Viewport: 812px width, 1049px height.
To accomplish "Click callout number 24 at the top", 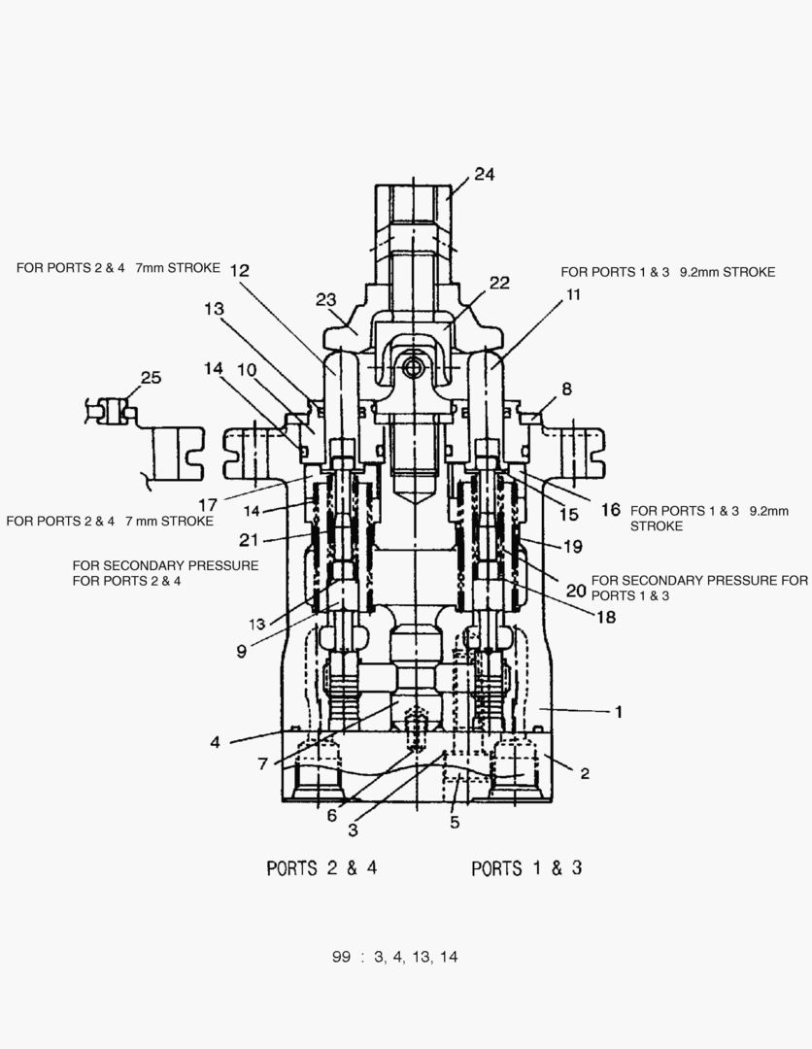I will pyautogui.click(x=484, y=175).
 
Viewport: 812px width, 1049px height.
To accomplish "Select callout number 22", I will pyautogui.click(x=499, y=283).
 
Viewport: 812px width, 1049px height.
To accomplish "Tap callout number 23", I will pyautogui.click(x=325, y=301).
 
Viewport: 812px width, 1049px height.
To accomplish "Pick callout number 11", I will pyautogui.click(x=573, y=294).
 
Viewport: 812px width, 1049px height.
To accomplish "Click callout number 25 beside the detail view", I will pyautogui.click(x=151, y=378).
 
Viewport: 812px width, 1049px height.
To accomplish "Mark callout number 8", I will pyautogui.click(x=566, y=389).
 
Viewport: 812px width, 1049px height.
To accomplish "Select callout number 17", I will pyautogui.click(x=209, y=504).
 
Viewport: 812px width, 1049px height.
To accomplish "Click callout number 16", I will pyautogui.click(x=610, y=509).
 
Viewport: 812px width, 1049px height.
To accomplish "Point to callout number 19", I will pyautogui.click(x=573, y=546).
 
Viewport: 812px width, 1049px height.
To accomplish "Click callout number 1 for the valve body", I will pyautogui.click(x=618, y=711).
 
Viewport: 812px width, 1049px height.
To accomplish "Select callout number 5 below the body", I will pyautogui.click(x=455, y=823).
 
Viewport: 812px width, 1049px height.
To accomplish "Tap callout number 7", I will pyautogui.click(x=263, y=763).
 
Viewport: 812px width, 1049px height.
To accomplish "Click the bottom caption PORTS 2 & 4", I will pyautogui.click(x=321, y=867).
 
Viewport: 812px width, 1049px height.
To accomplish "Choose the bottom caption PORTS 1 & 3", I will pyautogui.click(x=526, y=867).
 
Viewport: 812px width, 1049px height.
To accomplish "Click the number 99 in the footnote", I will pyautogui.click(x=340, y=957).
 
